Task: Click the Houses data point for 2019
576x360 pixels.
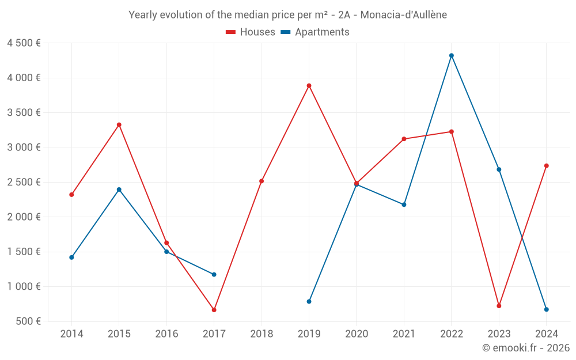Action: coord(309,86)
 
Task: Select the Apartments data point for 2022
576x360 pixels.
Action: coord(452,55)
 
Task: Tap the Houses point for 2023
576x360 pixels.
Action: coord(499,306)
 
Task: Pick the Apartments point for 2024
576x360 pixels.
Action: coord(546,309)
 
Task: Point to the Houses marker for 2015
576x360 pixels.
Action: coord(119,124)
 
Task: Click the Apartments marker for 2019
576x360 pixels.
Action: coord(309,301)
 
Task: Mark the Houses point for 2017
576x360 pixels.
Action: coord(214,310)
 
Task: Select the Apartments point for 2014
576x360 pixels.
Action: coord(71,257)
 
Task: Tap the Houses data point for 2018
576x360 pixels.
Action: coord(262,181)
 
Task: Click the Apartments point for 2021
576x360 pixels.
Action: coord(404,204)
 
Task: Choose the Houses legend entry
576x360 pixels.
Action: coord(251,32)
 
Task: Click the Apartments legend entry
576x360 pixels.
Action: coord(315,32)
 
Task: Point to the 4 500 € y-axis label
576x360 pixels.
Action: coord(24,43)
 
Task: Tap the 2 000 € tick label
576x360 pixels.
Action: coord(24,217)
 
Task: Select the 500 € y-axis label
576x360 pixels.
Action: coord(28,321)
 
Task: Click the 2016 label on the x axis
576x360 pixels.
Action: coord(166,334)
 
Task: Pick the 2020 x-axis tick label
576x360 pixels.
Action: coord(357,334)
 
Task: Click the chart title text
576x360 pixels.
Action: coord(287,14)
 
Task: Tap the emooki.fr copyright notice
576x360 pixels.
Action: coord(525,348)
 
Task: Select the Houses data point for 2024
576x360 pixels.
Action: coord(546,166)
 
